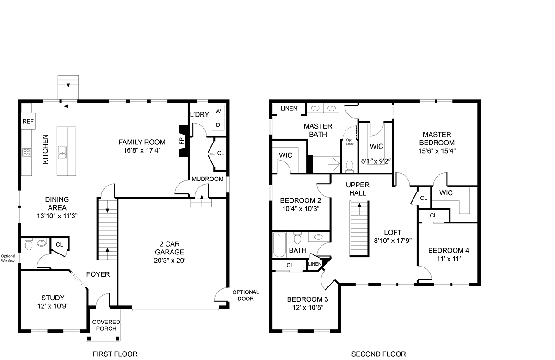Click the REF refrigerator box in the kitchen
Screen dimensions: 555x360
pos(28,121)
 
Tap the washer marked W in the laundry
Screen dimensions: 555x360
pos(218,111)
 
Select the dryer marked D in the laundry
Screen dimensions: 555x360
pos(218,124)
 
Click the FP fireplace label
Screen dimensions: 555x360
pos(182,141)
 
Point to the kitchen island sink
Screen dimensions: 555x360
pos(62,152)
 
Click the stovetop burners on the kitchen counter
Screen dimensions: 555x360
pos(26,152)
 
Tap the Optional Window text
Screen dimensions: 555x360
pos(8,258)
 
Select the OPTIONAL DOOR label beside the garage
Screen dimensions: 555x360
pos(246,295)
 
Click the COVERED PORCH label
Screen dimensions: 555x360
pos(106,325)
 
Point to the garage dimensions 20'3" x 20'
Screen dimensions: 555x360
pos(169,261)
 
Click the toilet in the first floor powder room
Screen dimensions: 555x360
pos(29,244)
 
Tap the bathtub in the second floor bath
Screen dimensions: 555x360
pos(279,245)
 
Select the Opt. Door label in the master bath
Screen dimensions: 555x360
pos(350,142)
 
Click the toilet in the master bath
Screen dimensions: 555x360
pos(350,166)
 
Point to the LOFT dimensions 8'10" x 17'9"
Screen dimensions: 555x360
pos(393,241)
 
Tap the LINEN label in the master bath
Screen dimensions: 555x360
pos(289,108)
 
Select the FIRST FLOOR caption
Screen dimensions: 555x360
pos(115,354)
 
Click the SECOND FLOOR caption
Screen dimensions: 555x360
pos(379,354)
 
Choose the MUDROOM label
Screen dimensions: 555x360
pos(208,179)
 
